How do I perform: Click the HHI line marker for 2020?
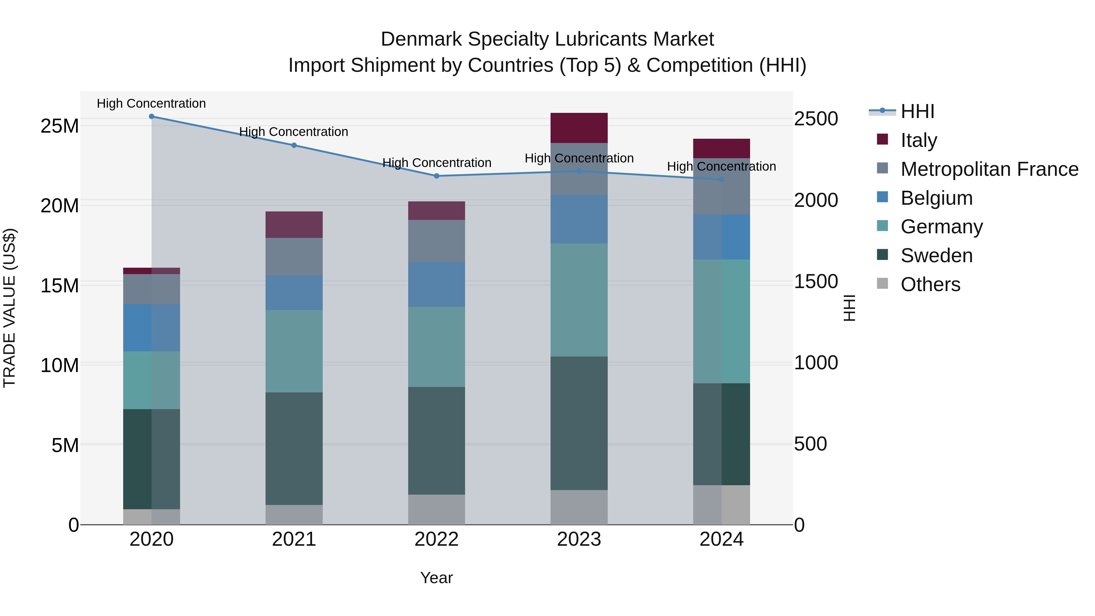coord(151,117)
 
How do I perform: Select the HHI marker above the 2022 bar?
coord(436,176)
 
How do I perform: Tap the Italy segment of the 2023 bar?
coord(579,128)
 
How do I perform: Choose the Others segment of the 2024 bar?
coord(721,505)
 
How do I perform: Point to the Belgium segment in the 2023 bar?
coord(579,219)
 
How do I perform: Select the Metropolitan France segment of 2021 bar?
coord(294,256)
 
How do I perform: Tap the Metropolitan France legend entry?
coord(989,169)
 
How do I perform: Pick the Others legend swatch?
coord(882,284)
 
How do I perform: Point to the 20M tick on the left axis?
coord(60,206)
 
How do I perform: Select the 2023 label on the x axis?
coord(579,539)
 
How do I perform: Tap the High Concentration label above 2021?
coord(294,132)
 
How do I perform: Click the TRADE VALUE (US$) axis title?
coord(9,308)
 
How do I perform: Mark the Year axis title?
coord(436,578)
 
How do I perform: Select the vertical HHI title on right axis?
coord(849,308)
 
